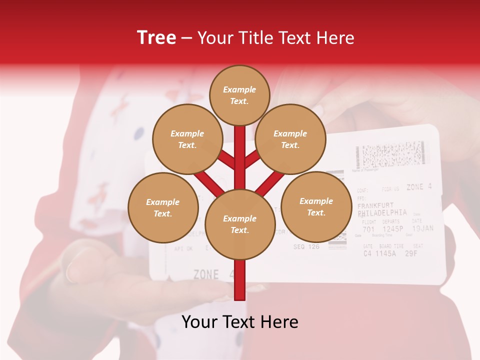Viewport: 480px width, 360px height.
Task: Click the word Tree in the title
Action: pos(156,37)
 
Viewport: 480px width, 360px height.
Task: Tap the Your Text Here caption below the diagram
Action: pos(240,322)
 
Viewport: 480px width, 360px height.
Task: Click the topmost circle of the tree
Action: pos(239,95)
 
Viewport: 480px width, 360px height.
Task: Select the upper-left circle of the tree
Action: pos(187,139)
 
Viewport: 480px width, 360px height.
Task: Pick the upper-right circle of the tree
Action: pos(290,139)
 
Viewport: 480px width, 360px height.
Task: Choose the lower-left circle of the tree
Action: pos(163,207)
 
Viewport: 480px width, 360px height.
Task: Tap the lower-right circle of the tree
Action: pos(316,206)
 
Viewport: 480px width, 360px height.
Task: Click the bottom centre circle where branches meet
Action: pos(239,224)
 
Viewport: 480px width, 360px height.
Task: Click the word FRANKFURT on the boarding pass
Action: pos(375,205)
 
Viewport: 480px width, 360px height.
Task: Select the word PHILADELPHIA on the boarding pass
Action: pos(382,213)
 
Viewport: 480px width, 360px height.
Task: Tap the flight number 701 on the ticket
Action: pos(368,229)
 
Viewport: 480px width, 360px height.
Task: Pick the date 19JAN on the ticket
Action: pos(422,228)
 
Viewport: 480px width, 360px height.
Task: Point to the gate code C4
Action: pos(367,253)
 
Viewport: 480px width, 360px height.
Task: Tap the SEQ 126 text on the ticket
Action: pos(306,246)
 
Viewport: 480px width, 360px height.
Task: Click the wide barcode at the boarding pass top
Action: pos(392,153)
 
